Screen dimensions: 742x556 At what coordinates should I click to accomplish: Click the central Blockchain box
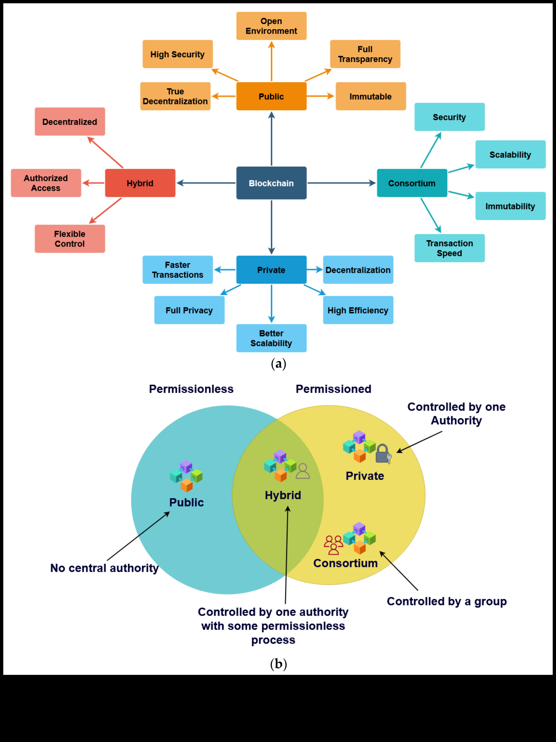pyautogui.click(x=271, y=183)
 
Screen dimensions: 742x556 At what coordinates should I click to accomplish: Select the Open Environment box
pyautogui.click(x=271, y=26)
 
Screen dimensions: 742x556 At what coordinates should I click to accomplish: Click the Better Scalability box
pyautogui.click(x=271, y=338)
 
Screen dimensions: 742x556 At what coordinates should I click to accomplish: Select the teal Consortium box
pyautogui.click(x=412, y=183)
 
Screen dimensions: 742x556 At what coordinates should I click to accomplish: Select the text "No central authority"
pyautogui.click(x=104, y=568)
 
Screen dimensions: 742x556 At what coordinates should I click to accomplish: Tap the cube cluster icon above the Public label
pyautogui.click(x=186, y=476)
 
